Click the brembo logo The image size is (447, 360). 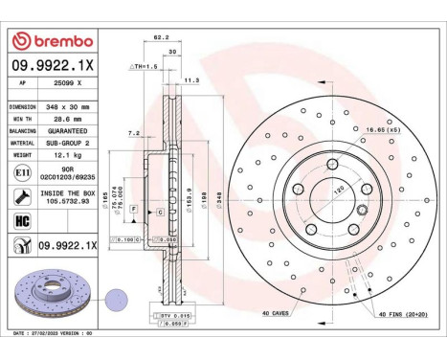click(x=52, y=41)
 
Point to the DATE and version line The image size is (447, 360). click(x=53, y=333)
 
